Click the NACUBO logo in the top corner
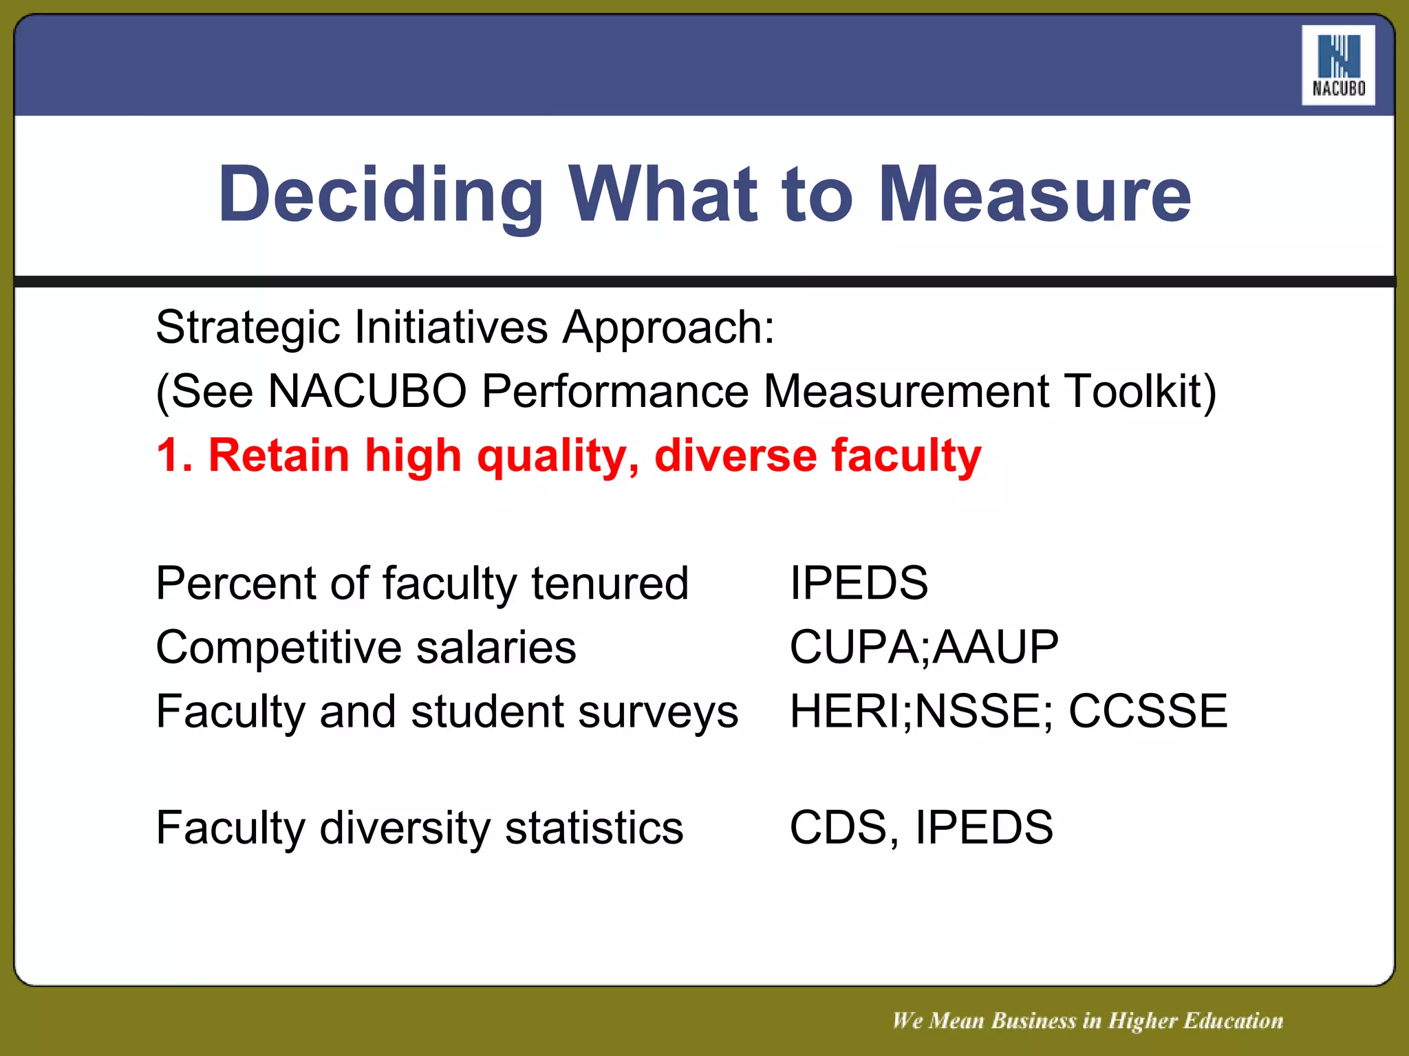pyautogui.click(x=1337, y=65)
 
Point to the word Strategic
pyautogui.click(x=248, y=328)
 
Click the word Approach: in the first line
pyautogui.click(x=668, y=328)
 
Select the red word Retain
pyautogui.click(x=279, y=455)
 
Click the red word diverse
pyautogui.click(x=735, y=455)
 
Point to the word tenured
pyautogui.click(x=610, y=584)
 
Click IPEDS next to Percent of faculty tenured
pyautogui.click(x=859, y=584)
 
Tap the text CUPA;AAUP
pyautogui.click(x=924, y=648)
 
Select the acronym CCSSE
pyautogui.click(x=1148, y=712)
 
